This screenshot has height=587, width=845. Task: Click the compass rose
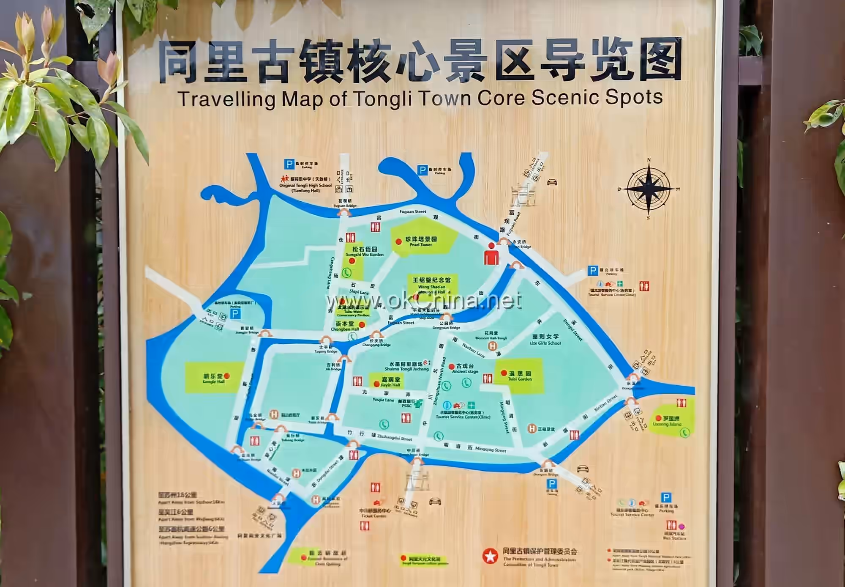point(648,189)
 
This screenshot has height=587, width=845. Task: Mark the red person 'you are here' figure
point(491,253)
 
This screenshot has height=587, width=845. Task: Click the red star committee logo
point(491,556)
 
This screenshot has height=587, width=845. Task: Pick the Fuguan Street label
point(413,211)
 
